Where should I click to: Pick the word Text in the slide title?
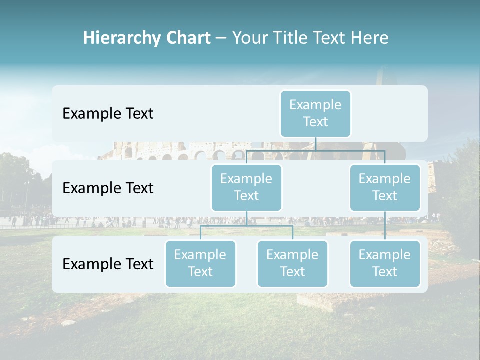(329, 38)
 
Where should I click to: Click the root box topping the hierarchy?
(315, 113)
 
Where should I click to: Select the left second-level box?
(246, 187)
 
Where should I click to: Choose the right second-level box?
(385, 187)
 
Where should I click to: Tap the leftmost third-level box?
(200, 263)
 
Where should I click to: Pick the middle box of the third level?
(292, 263)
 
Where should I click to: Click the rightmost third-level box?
(385, 263)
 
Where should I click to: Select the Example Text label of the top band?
(108, 113)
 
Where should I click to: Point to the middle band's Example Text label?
(108, 188)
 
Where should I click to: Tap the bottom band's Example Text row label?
(108, 264)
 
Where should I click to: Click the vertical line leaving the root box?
(315, 144)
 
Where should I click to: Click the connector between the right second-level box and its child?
(385, 226)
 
